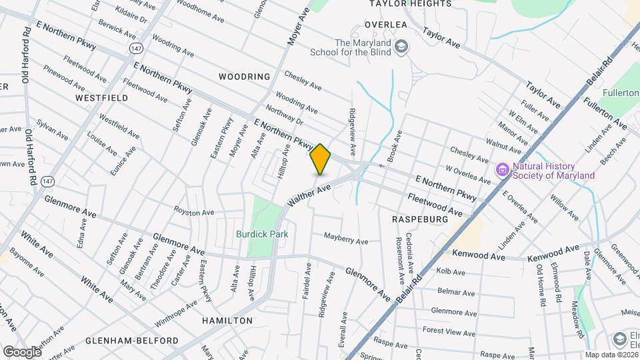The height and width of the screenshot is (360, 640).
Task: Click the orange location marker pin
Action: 321,159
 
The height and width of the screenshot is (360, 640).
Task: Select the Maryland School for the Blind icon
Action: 401,47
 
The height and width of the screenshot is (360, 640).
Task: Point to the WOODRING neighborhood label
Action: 244,77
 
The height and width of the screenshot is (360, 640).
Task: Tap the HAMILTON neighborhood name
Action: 228,321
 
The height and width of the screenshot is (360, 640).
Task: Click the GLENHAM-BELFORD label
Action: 132,341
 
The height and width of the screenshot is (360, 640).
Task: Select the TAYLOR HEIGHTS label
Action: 410,4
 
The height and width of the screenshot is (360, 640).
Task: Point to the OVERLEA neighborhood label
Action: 385,25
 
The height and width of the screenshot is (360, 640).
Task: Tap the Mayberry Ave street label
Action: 345,239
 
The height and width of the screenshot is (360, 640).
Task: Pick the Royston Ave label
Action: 193,212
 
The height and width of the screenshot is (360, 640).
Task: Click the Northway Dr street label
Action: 284,115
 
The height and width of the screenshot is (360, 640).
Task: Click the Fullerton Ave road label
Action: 605,113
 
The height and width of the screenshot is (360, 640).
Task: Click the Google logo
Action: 22,351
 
